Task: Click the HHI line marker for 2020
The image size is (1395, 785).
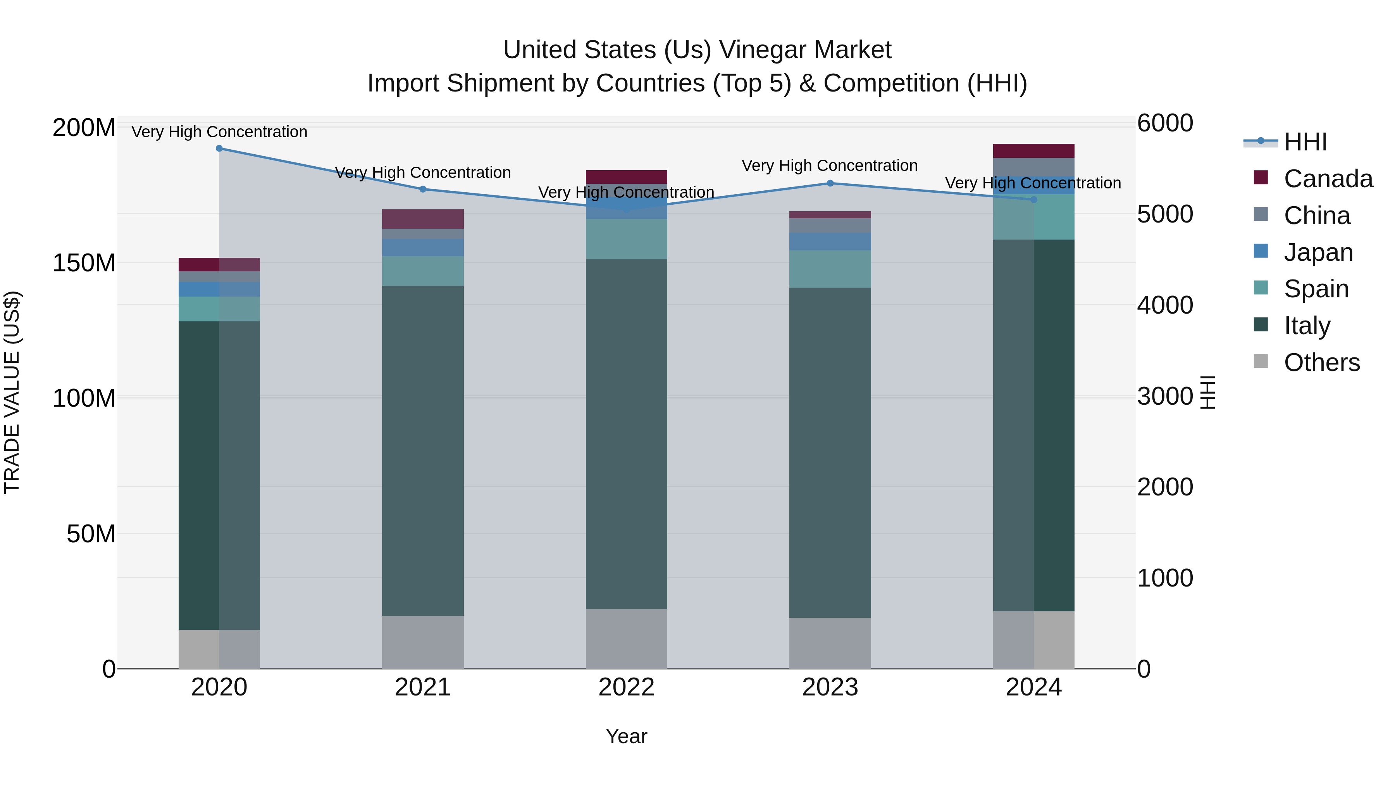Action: [x=219, y=148]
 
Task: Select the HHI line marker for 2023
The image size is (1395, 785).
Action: [x=830, y=183]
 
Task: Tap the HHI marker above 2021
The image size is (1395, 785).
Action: [x=423, y=189]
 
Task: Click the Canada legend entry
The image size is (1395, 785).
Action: [x=1328, y=179]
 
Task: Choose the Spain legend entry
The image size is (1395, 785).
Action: [x=1316, y=289]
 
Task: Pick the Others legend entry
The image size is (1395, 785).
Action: [x=1321, y=362]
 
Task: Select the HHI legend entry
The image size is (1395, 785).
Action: [x=1305, y=142]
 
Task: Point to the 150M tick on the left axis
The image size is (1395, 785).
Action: [x=84, y=263]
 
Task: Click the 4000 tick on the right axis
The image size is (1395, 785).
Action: [x=1165, y=305]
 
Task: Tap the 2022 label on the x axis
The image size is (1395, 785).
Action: [x=627, y=687]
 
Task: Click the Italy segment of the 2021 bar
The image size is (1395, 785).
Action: [x=423, y=450]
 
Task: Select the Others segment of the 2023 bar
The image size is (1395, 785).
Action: [x=830, y=643]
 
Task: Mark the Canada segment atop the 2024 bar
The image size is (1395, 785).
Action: [x=1034, y=151]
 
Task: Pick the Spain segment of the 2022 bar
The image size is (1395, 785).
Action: [x=627, y=239]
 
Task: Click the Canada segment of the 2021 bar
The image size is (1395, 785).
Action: [x=423, y=219]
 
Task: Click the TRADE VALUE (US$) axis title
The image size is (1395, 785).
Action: [x=12, y=392]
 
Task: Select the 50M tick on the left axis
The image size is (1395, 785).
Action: [x=91, y=534]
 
